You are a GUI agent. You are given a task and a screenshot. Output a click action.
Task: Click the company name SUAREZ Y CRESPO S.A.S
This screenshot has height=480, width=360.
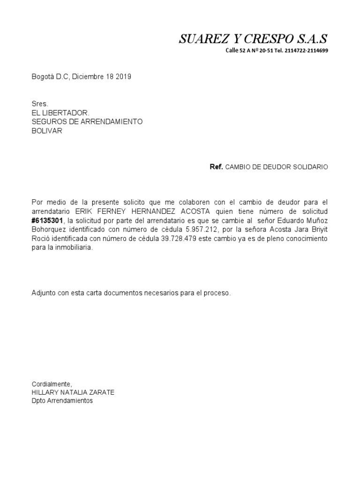[253, 39]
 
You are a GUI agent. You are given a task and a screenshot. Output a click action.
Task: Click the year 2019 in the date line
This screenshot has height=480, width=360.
[123, 76]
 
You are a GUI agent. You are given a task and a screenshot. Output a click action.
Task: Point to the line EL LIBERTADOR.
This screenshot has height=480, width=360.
[60, 113]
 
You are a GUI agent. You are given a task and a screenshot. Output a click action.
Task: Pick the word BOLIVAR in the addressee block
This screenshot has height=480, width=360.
[46, 131]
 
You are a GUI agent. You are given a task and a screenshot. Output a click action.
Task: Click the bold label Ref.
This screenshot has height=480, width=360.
[216, 167]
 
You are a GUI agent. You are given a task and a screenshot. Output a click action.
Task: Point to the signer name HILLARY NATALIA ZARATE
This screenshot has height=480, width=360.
[73, 392]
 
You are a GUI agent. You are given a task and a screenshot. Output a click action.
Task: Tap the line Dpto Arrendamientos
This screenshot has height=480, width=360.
[62, 401]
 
